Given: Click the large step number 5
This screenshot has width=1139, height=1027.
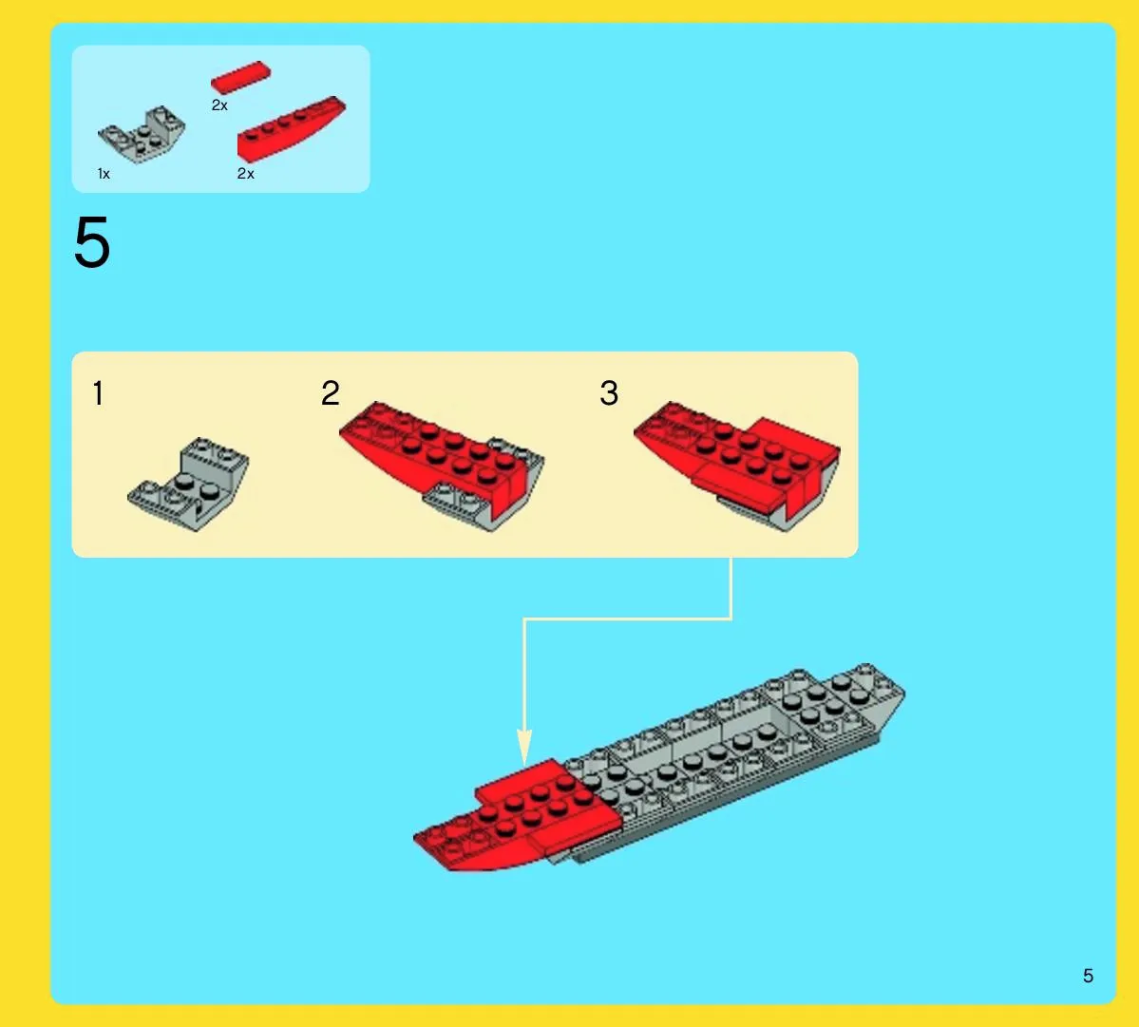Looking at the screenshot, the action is [x=92, y=242].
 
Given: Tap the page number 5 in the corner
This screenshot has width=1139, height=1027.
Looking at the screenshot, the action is [x=1088, y=976].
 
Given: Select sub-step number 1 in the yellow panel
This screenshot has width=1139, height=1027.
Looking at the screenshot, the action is [x=98, y=393].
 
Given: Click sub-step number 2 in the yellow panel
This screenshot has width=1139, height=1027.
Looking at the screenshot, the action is [x=331, y=393].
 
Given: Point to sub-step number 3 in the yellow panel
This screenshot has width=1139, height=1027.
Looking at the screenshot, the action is [x=609, y=393].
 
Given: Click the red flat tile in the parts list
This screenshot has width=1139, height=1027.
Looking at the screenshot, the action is [x=240, y=77].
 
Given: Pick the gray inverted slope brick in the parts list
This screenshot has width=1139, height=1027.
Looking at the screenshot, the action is [x=142, y=134].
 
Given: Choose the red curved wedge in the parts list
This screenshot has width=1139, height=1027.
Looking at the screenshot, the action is [x=292, y=128].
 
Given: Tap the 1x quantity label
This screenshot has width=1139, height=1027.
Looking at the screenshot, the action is [x=104, y=174].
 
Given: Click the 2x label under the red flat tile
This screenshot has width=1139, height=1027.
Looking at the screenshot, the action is [x=219, y=105].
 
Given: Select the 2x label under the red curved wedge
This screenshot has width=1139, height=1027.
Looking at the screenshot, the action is [x=245, y=174].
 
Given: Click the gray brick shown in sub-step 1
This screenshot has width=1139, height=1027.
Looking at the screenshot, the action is [x=188, y=485].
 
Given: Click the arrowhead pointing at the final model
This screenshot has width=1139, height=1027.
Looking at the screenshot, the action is [x=523, y=748].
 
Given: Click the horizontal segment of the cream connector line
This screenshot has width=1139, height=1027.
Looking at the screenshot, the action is [x=628, y=618].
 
